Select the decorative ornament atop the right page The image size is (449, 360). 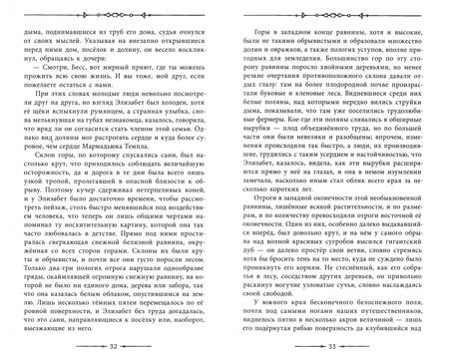point(332,13)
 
